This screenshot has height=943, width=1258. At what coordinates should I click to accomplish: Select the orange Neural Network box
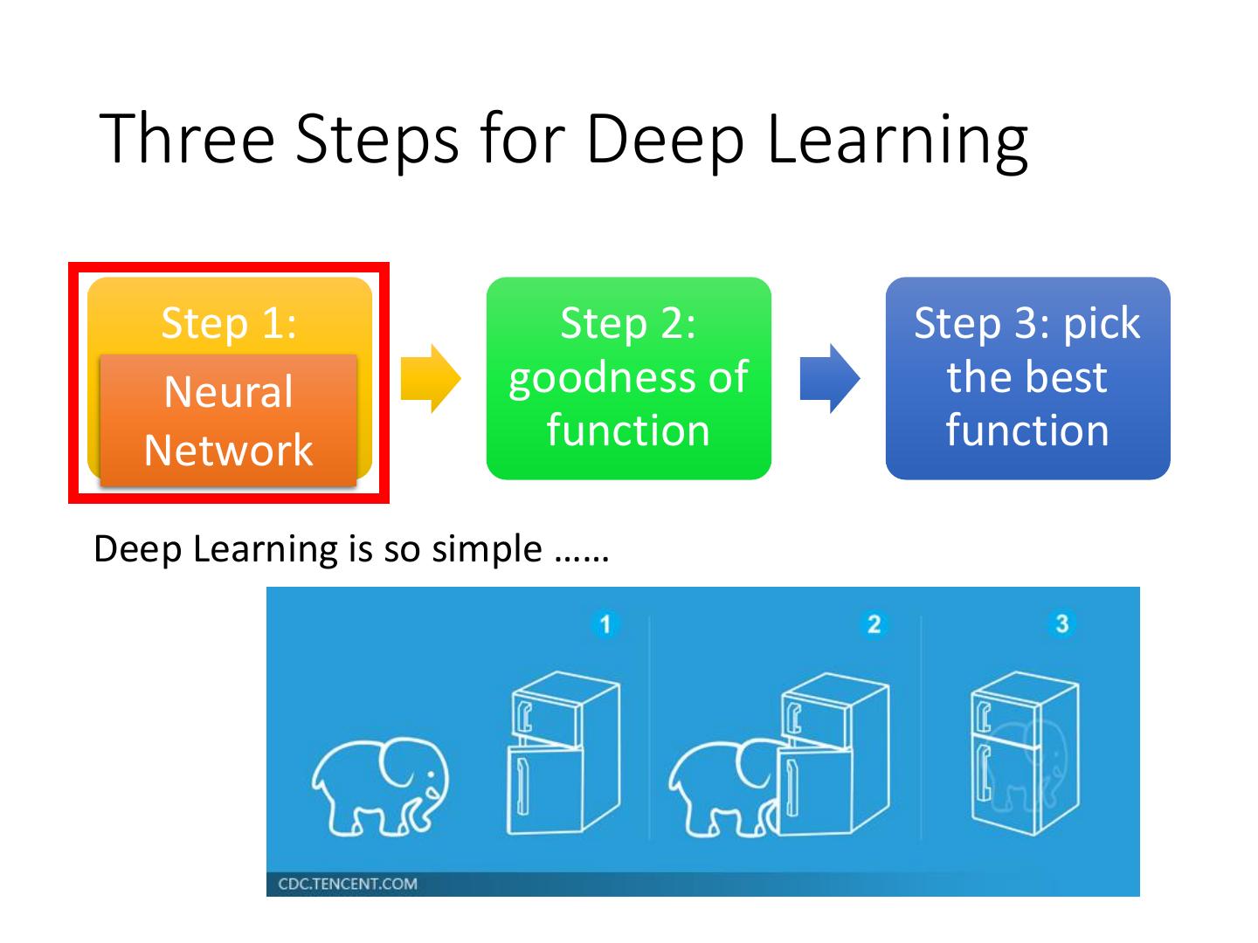[x=229, y=420]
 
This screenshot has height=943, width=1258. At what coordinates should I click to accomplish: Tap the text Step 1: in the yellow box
[x=229, y=323]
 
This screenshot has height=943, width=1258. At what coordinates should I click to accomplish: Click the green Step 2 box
[x=628, y=377]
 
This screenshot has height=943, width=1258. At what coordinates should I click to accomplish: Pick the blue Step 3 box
[x=1027, y=377]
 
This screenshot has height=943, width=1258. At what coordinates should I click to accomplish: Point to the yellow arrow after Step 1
[x=430, y=378]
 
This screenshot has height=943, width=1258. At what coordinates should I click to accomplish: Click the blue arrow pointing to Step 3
[x=829, y=378]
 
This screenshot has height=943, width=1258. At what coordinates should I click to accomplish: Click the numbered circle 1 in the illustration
[x=605, y=623]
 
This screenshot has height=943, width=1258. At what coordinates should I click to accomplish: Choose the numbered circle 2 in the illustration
[x=873, y=623]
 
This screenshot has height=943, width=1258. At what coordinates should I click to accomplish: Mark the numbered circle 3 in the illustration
[x=1061, y=623]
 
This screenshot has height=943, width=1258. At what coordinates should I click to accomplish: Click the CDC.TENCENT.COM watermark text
[x=348, y=884]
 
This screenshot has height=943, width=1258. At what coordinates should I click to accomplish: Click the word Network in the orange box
[x=229, y=450]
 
